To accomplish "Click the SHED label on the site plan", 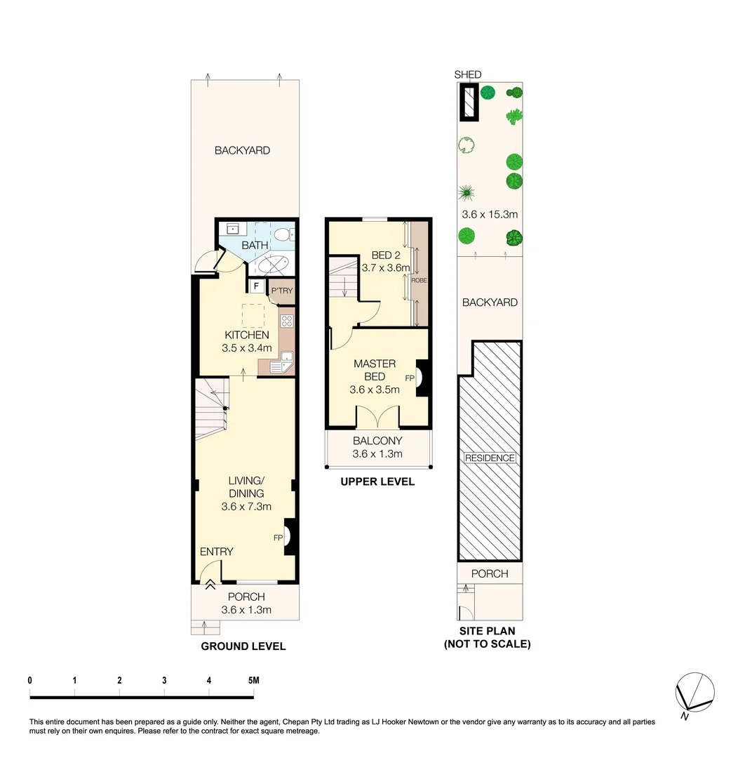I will (x=468, y=75).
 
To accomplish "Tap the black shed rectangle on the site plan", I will (x=468, y=102).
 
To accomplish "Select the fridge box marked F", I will (x=256, y=286).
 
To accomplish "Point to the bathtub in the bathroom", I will (x=271, y=265).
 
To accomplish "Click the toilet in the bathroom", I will (x=284, y=234).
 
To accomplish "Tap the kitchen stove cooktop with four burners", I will (x=287, y=322).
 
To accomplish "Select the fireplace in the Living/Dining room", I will (x=289, y=537).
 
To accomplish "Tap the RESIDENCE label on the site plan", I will (x=490, y=458).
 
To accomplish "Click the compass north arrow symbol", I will (x=694, y=693).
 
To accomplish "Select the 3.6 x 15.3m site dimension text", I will (x=490, y=214).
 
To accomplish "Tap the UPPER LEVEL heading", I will (x=377, y=481).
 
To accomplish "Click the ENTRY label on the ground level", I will (x=216, y=552).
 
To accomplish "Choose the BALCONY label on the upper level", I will (x=377, y=441).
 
